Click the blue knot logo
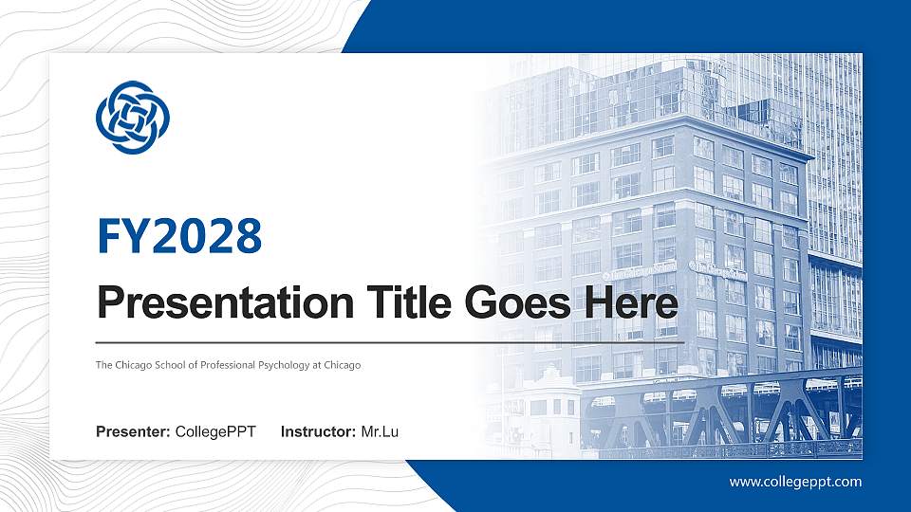pos(132,117)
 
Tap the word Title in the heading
pos(410,303)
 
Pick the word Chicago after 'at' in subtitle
pos(342,365)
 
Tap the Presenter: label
pos(133,433)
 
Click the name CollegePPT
pos(215,433)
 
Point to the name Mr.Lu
pos(380,433)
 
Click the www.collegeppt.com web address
pos(795,482)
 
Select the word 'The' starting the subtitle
pos(103,365)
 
